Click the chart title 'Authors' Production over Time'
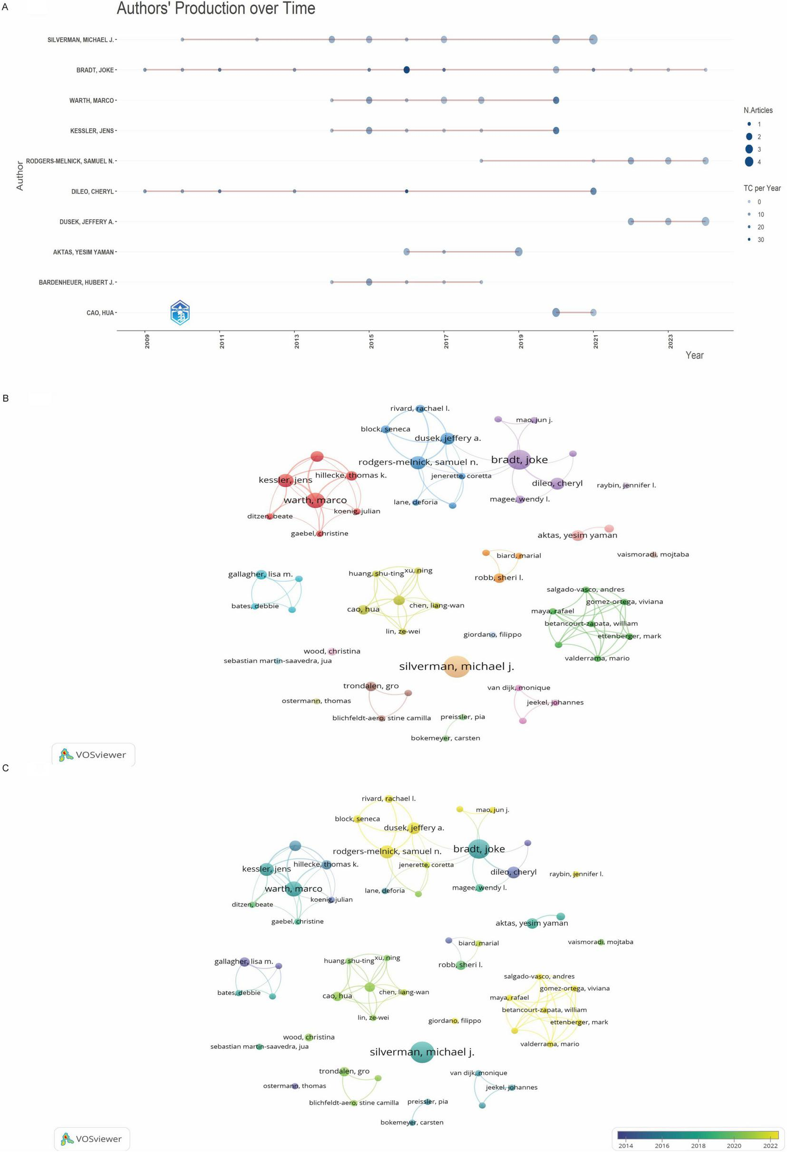[215, 9]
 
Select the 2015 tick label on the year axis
[371, 341]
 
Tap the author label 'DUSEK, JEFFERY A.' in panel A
[87, 222]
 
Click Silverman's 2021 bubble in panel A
[593, 39]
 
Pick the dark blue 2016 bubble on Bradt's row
[407, 70]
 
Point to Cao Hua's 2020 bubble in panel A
[556, 312]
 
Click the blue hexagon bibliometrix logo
[180, 312]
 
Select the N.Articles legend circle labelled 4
[749, 162]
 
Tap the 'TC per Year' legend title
[762, 188]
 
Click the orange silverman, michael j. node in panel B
[456, 666]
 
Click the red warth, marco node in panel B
[316, 500]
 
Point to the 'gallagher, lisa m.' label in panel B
[260, 574]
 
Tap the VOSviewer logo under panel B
[93, 755]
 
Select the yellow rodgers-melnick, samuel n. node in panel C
[387, 851]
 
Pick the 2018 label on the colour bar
[698, 1145]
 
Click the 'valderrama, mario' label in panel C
[549, 1044]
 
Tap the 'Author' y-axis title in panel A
[20, 176]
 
